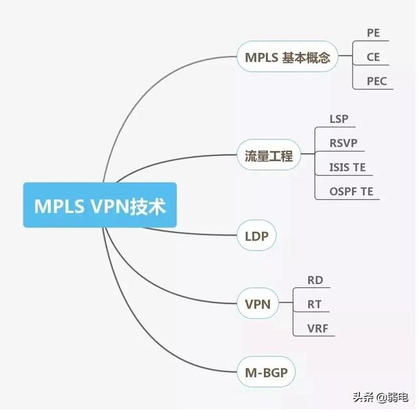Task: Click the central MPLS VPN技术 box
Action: click(100, 205)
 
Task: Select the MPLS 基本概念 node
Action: click(288, 57)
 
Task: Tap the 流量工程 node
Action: click(268, 157)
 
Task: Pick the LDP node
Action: click(257, 236)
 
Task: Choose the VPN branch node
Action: click(258, 304)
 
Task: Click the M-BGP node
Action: click(266, 372)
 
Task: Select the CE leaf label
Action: click(373, 57)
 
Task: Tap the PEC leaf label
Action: click(376, 81)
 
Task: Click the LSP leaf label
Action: click(339, 119)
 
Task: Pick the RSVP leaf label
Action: click(344, 143)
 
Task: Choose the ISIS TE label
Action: click(347, 167)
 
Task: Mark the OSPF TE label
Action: click(351, 191)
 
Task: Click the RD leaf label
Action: click(315, 280)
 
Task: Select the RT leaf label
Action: click(314, 304)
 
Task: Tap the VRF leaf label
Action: click(317, 328)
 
